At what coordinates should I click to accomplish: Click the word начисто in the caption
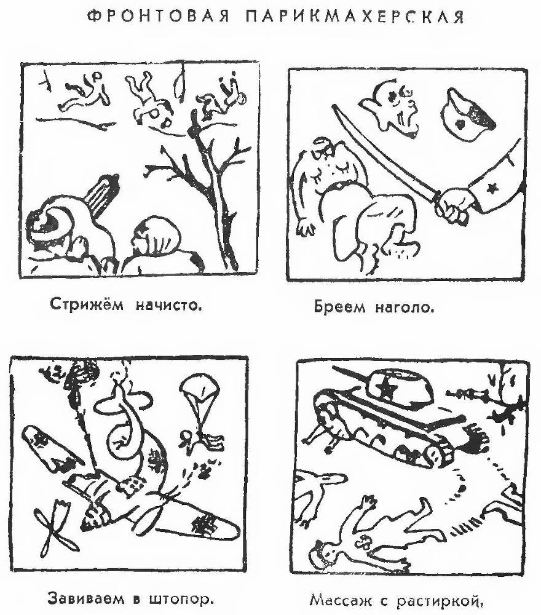[169, 305]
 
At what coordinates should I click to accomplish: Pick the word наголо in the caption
[405, 307]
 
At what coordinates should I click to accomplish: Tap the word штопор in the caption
[183, 600]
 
